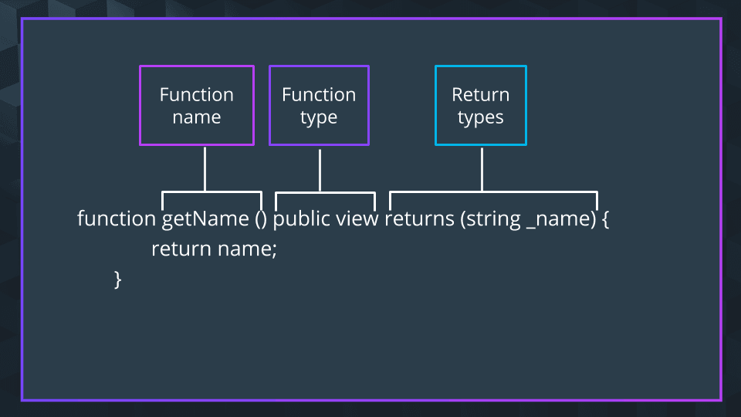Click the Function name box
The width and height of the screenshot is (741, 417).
pyautogui.click(x=197, y=106)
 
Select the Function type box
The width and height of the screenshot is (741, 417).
pyautogui.click(x=319, y=106)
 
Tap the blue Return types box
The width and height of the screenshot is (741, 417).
pyautogui.click(x=481, y=106)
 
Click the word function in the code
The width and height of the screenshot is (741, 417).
pyautogui.click(x=117, y=219)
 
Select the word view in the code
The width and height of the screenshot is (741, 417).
pyautogui.click(x=357, y=219)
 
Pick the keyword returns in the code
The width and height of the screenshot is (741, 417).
pyautogui.click(x=419, y=219)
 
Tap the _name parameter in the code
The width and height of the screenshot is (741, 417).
pyautogui.click(x=556, y=219)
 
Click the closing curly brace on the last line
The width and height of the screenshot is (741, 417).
pyautogui.click(x=118, y=279)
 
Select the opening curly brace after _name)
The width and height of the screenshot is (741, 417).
pyautogui.click(x=606, y=219)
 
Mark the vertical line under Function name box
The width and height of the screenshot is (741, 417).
pyautogui.click(x=205, y=168)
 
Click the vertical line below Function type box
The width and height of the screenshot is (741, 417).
pyautogui.click(x=320, y=168)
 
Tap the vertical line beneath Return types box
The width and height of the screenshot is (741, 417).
pyautogui.click(x=482, y=168)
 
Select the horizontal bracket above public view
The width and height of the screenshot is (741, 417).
pyautogui.click(x=325, y=192)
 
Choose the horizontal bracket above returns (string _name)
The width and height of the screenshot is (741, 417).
pyautogui.click(x=493, y=192)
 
